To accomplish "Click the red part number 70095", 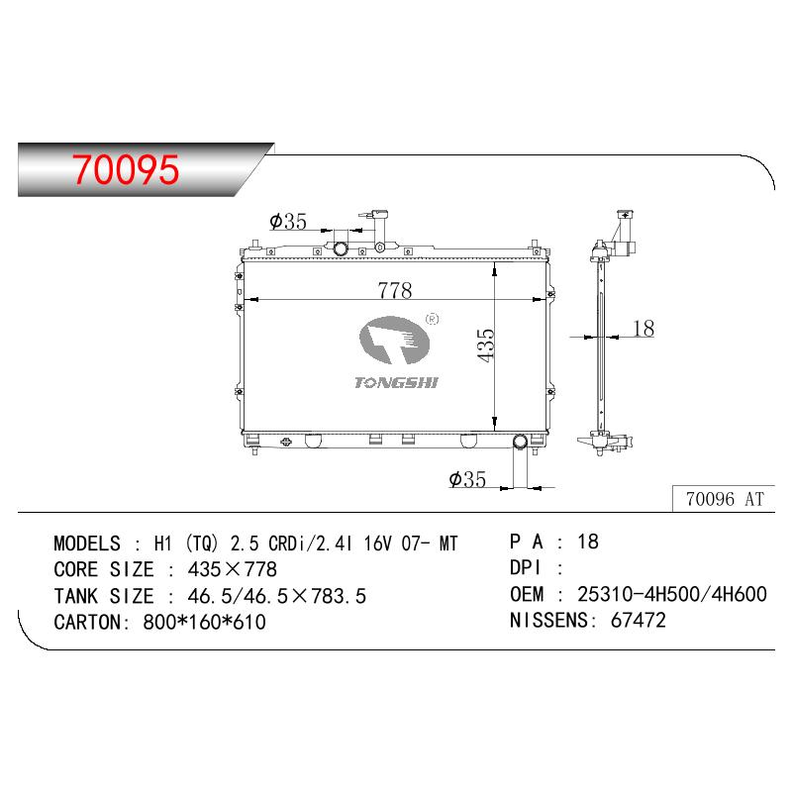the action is tap(126, 169).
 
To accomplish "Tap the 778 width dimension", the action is tap(394, 290).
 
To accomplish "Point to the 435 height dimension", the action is tap(486, 345).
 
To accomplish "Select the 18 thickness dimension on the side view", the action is tap(643, 329).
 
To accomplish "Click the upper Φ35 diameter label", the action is tap(288, 221).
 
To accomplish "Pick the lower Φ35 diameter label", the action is tap(467, 479).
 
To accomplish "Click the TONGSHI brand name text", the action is tap(396, 383).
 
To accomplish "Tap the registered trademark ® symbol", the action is tap(433, 319).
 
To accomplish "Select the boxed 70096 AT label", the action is tap(724, 499).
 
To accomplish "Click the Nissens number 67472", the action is tap(638, 620).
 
